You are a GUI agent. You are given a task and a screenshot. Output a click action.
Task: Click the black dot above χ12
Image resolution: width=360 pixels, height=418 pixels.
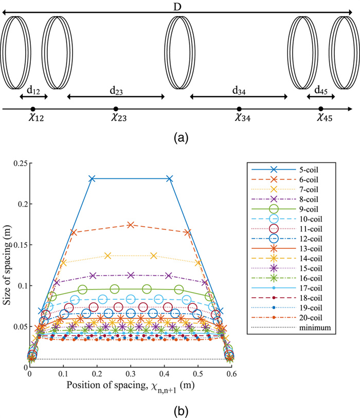click(32, 108)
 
